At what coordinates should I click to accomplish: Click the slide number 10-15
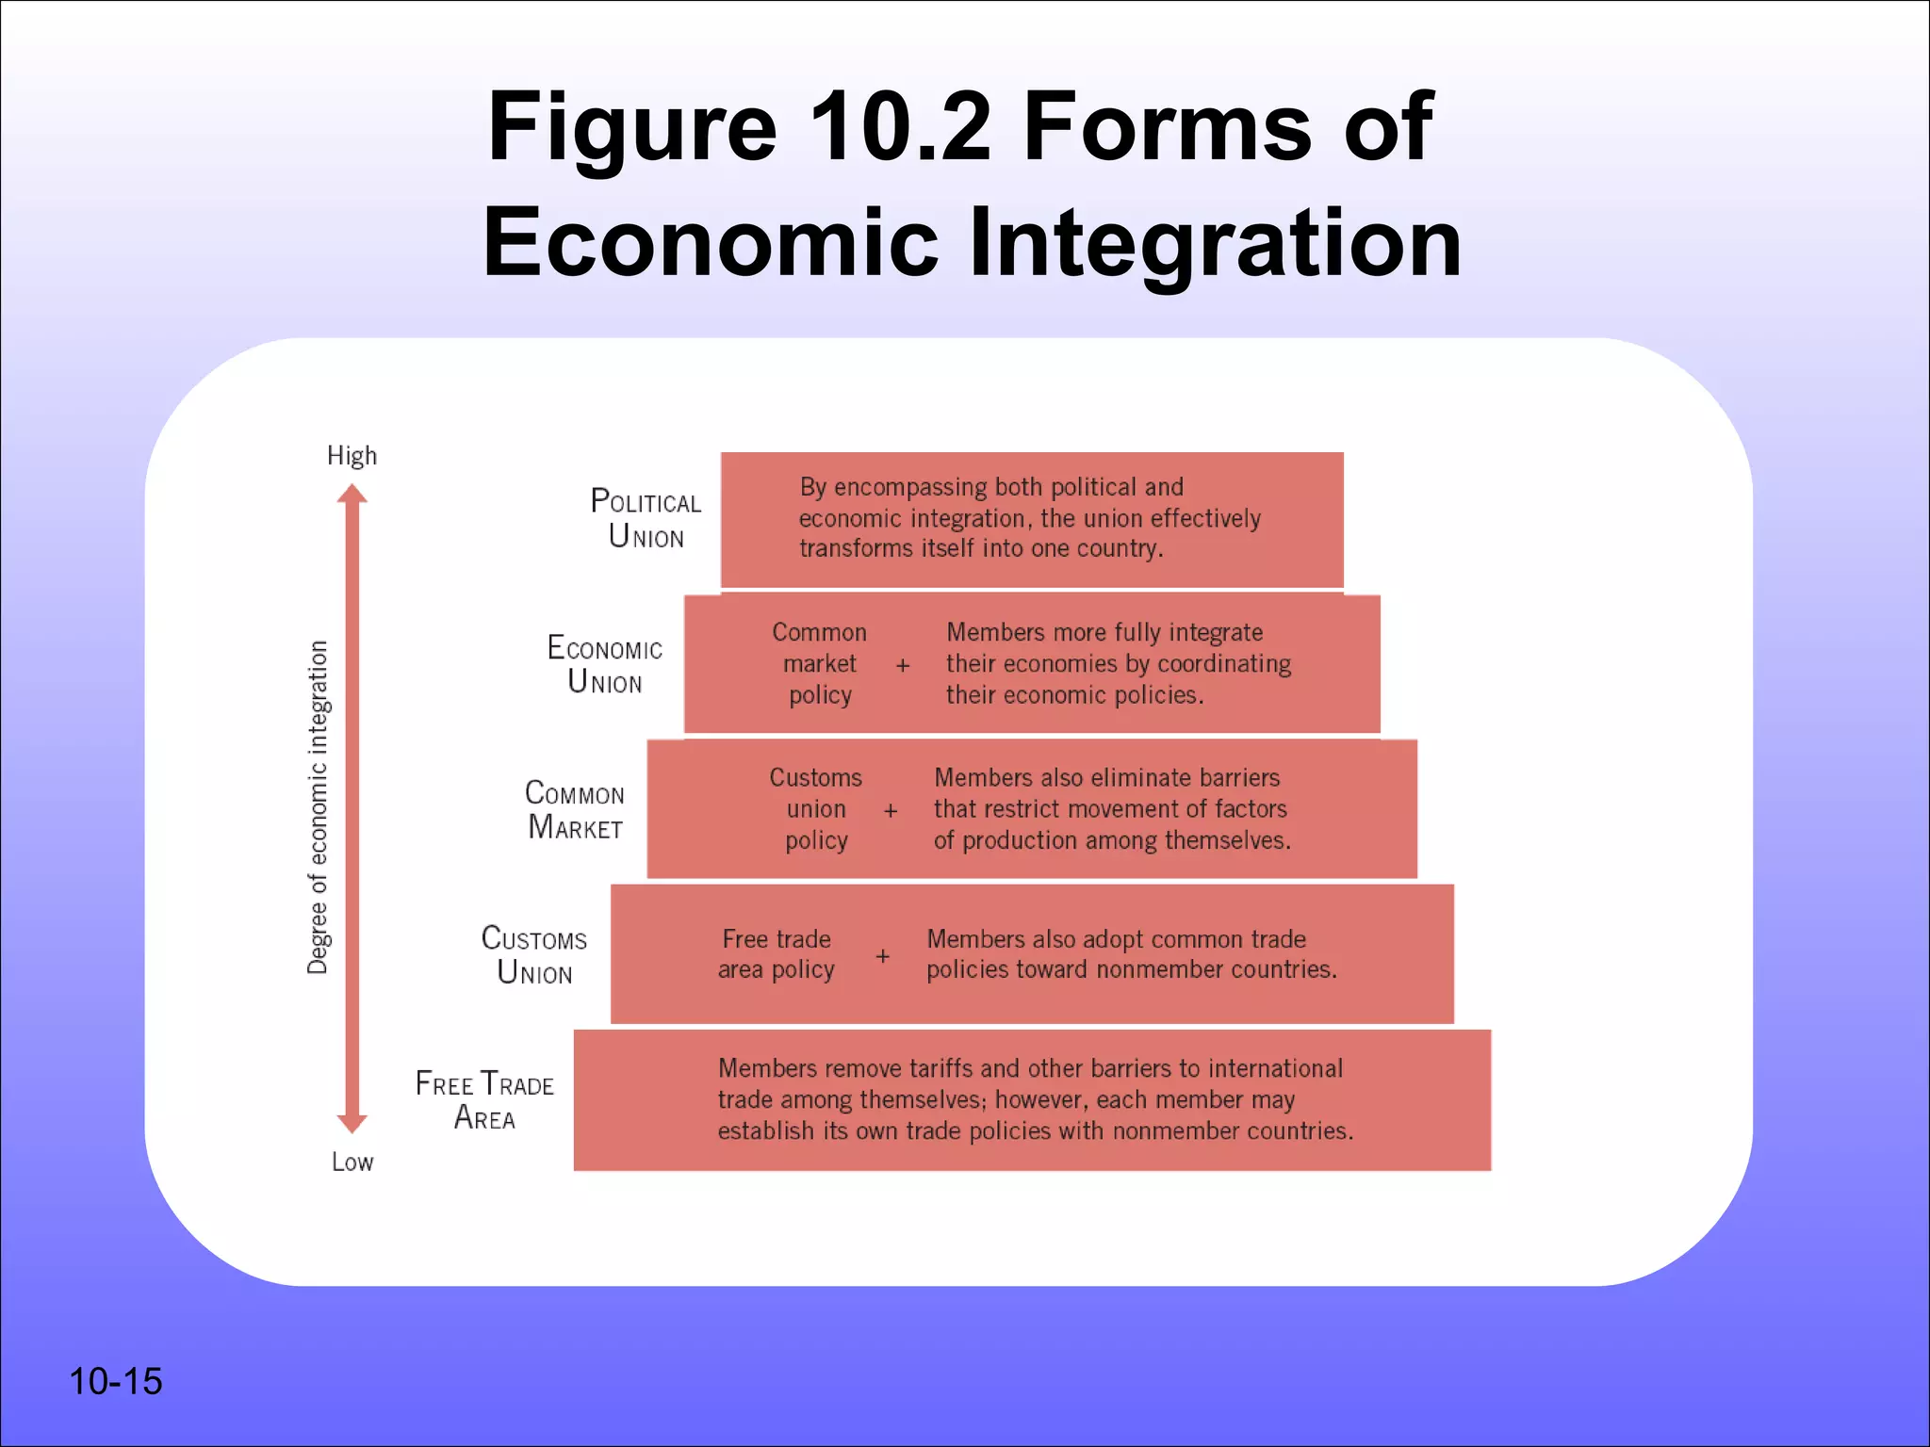(115, 1381)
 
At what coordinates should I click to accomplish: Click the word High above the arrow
(352, 456)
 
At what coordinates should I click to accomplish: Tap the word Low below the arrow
(352, 1162)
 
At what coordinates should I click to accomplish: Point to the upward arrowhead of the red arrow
(352, 495)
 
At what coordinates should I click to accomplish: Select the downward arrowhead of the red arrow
(352, 1122)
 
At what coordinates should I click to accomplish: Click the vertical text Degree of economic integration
(319, 807)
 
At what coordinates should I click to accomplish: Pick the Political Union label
(646, 518)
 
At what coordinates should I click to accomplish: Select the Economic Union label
(604, 664)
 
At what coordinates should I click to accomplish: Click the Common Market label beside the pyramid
(574, 809)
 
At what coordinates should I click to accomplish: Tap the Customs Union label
(533, 954)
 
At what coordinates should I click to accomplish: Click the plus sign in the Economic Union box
(903, 665)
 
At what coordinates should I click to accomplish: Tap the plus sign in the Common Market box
(891, 810)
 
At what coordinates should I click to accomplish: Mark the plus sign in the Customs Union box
(882, 955)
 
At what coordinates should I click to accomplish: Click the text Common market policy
(819, 663)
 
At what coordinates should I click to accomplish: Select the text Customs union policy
(815, 808)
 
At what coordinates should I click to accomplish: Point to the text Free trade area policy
(776, 954)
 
